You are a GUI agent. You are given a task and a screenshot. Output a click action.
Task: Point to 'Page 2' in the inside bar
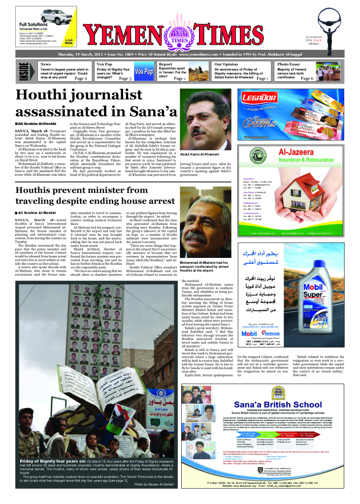80,78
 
